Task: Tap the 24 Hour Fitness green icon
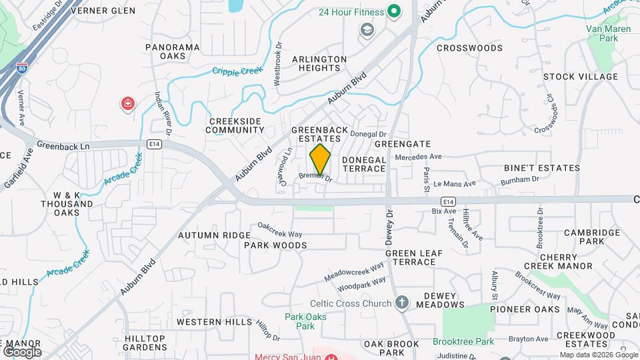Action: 394,11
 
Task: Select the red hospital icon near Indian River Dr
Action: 127,104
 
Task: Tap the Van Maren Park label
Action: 602,33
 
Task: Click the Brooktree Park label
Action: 463,341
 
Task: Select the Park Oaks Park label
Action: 305,321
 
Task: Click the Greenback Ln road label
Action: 63,145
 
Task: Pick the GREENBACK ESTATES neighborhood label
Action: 321,134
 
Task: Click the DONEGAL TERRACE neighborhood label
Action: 364,164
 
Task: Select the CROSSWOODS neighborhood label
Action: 469,48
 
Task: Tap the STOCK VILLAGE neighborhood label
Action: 580,77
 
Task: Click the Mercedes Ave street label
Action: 419,157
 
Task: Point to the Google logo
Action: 22,351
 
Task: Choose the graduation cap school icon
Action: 366,29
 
